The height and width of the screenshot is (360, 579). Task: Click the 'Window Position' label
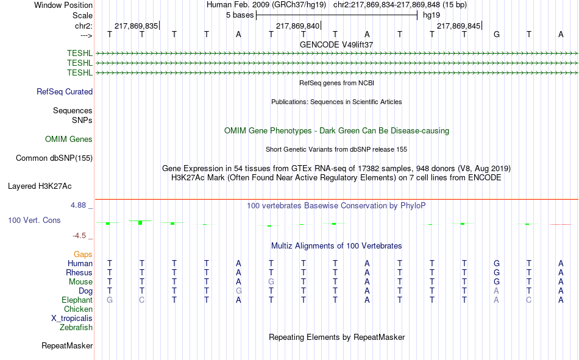pos(63,5)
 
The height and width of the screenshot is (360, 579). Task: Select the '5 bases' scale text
pos(240,15)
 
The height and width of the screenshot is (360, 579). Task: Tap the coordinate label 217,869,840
pos(297,26)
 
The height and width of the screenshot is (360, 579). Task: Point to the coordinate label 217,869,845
pos(458,26)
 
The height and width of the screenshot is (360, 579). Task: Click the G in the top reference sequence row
pos(497,34)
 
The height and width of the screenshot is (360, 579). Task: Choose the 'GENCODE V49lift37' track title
pos(336,44)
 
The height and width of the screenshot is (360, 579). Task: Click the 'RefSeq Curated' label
pos(65,91)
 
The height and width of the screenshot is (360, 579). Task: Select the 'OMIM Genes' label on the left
pos(69,139)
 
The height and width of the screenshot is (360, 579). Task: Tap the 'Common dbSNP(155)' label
pos(54,158)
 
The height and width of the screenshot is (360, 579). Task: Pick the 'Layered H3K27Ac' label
pos(40,186)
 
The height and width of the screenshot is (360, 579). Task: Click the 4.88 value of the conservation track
pos(78,205)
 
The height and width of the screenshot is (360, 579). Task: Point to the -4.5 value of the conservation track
pos(79,236)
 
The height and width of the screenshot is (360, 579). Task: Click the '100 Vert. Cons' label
pos(34,220)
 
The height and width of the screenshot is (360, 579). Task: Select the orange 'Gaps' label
pos(83,254)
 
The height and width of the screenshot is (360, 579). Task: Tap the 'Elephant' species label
pos(77,300)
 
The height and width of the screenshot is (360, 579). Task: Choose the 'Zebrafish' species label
pos(76,327)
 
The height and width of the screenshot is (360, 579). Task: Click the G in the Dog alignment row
pos(238,291)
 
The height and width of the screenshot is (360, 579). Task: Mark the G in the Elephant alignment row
pos(110,300)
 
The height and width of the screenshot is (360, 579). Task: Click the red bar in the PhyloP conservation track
pos(561,224)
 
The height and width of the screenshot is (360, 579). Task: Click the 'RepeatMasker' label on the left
pos(67,345)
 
